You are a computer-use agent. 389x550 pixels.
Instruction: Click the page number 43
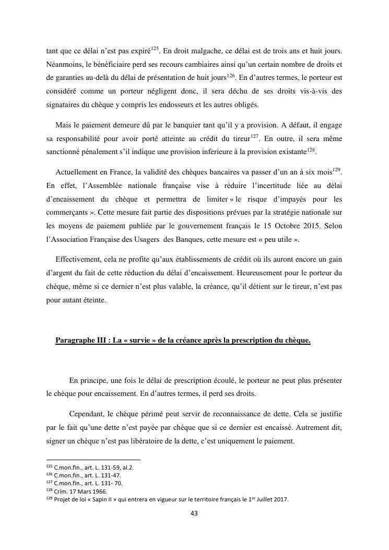pos(194,513)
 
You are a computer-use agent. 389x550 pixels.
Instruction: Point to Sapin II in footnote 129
pos(102,499)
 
